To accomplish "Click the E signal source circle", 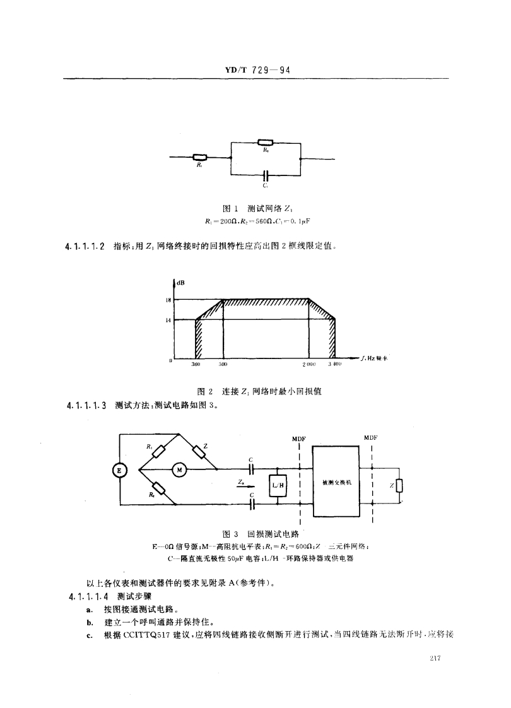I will (x=119, y=469).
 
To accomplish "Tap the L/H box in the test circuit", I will (x=278, y=485).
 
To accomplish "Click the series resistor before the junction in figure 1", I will (x=200, y=158).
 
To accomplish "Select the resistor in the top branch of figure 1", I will (x=266, y=142).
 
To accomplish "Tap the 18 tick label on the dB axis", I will (x=169, y=300).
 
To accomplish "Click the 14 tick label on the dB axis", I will (x=169, y=319).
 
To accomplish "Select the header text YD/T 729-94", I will (x=255, y=71).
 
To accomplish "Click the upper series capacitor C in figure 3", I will (x=252, y=469).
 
